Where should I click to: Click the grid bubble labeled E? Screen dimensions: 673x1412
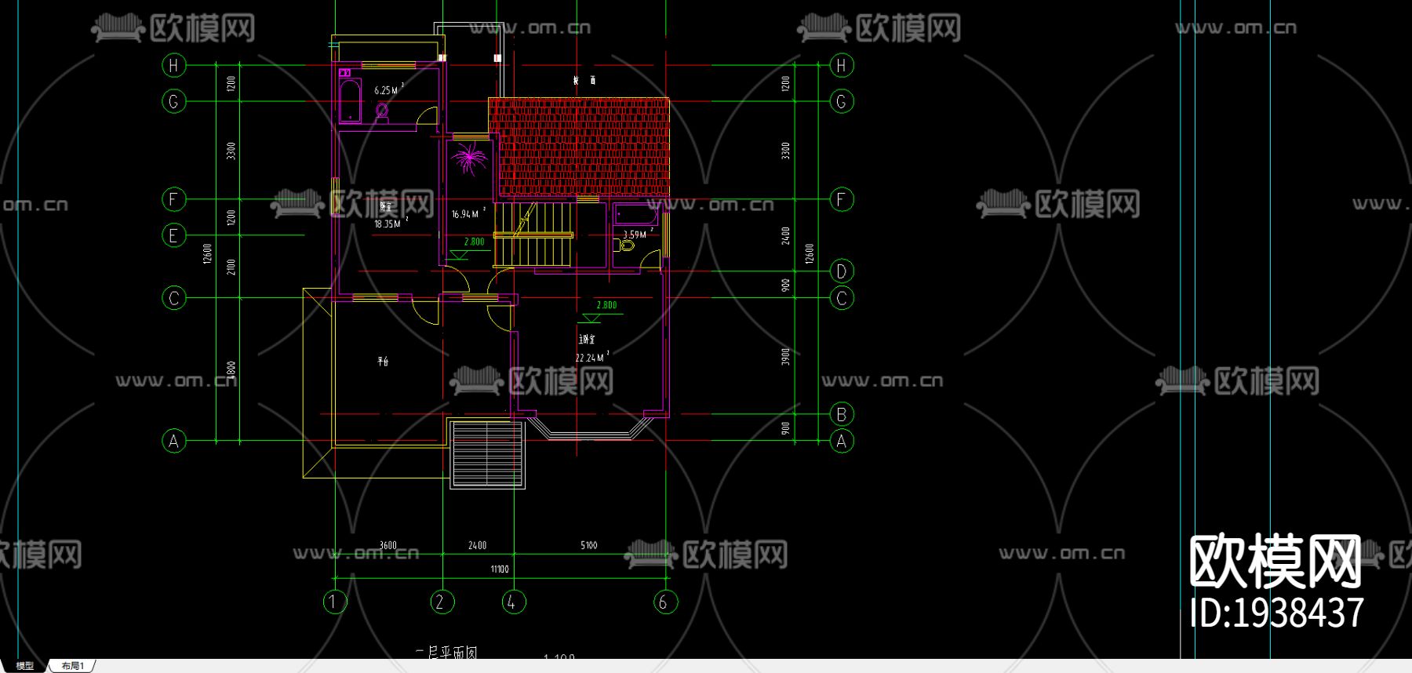point(173,235)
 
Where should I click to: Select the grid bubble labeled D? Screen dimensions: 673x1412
point(841,271)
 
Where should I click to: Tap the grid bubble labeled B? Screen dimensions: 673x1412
point(841,414)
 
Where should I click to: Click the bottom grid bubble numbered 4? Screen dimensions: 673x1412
point(513,602)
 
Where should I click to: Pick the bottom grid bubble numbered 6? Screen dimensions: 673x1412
point(664,602)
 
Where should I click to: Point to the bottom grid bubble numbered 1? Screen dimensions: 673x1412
point(334,602)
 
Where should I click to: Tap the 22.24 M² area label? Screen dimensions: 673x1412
point(591,358)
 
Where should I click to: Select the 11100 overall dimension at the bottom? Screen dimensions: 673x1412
point(500,569)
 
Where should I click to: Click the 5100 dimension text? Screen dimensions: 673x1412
point(588,545)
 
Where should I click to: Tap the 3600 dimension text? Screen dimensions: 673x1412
point(388,545)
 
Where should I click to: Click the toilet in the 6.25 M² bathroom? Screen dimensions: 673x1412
point(382,110)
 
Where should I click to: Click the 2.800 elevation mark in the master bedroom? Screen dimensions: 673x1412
point(606,305)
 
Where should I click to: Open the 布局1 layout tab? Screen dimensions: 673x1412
point(72,666)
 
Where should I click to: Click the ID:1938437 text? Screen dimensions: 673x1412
point(1276,613)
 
